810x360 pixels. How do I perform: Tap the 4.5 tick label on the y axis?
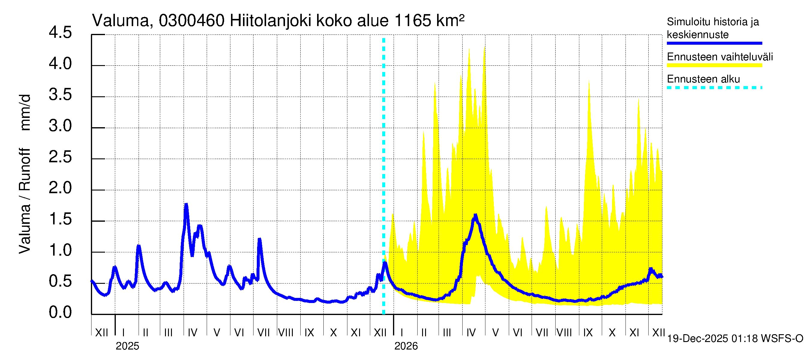[60, 33]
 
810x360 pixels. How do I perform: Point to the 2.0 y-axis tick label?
[60, 188]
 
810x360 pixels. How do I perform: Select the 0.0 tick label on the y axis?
[60, 312]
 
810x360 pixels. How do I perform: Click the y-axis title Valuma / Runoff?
[25, 201]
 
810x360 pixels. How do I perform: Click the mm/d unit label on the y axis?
[25, 112]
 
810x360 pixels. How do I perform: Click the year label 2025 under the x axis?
[127, 346]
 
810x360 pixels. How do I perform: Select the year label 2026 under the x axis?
[406, 346]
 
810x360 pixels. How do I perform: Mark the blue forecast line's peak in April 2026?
[475, 216]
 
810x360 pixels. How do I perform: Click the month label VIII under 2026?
[564, 332]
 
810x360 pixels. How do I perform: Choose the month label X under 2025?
[333, 332]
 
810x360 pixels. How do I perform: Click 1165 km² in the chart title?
[429, 21]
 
